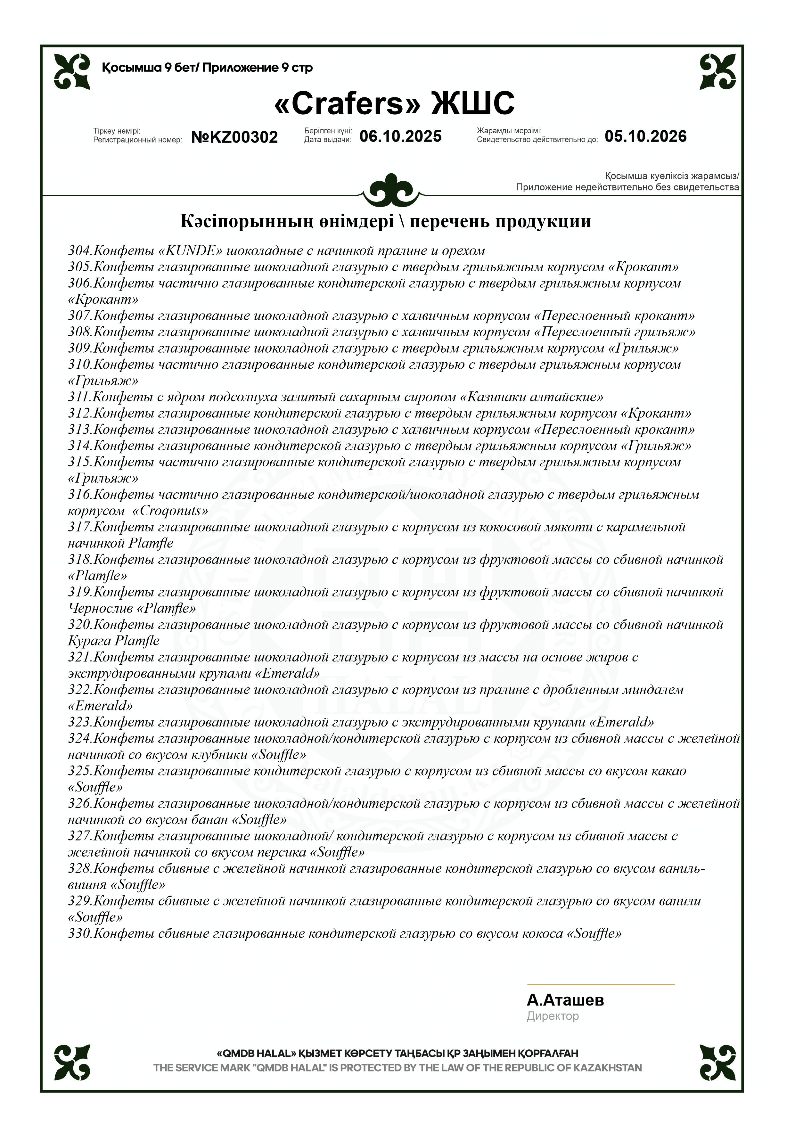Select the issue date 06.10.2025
click(400, 136)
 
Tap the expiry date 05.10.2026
click(646, 136)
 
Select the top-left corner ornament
click(72, 71)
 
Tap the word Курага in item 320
click(89, 641)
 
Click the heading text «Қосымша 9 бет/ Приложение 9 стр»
click(207, 68)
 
